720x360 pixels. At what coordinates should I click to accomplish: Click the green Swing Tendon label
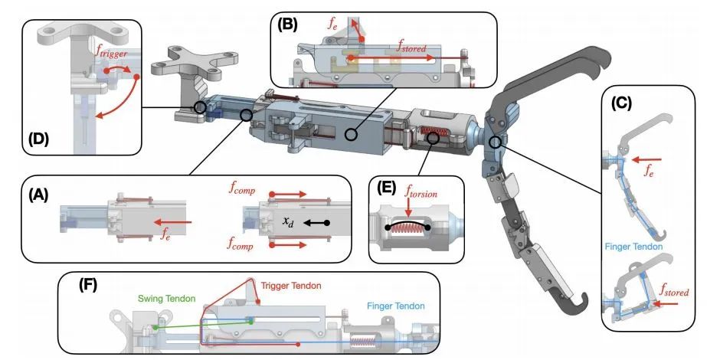(156, 296)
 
